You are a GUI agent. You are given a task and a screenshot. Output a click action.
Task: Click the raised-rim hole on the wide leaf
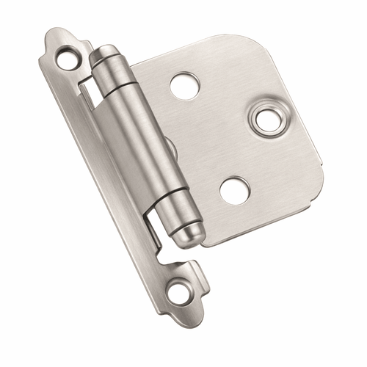click(x=268, y=120)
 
